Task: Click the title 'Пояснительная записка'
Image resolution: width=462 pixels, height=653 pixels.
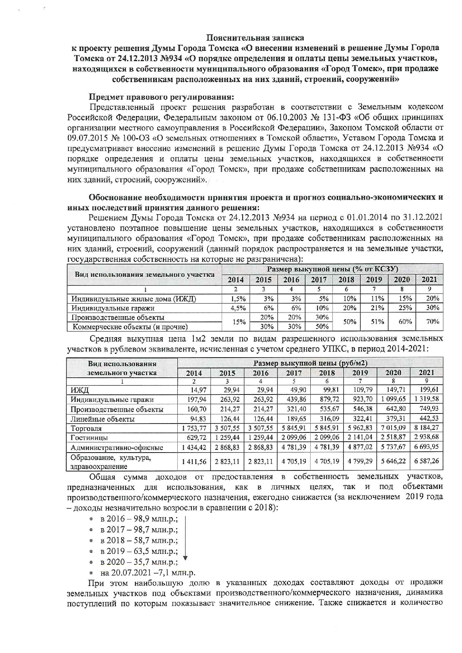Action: click(x=255, y=38)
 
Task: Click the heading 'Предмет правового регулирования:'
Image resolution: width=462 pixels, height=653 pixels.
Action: click(x=161, y=97)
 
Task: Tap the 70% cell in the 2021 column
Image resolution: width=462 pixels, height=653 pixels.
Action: click(x=432, y=321)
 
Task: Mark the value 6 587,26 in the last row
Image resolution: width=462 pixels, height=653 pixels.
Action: click(x=426, y=461)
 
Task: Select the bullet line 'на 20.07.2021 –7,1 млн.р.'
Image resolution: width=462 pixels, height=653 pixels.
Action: click(x=148, y=573)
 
